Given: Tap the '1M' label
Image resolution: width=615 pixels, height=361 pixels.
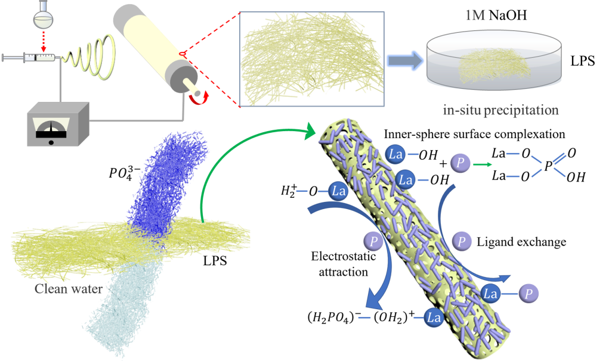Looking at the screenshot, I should coord(475,16).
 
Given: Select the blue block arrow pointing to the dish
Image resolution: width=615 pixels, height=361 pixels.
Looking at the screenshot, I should coord(404,60).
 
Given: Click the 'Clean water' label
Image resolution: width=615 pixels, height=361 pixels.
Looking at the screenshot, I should coord(65,289).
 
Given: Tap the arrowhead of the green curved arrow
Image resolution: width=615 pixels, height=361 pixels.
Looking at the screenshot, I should coord(310,130).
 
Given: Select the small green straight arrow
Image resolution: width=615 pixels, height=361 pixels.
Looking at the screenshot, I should coord(483,164).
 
